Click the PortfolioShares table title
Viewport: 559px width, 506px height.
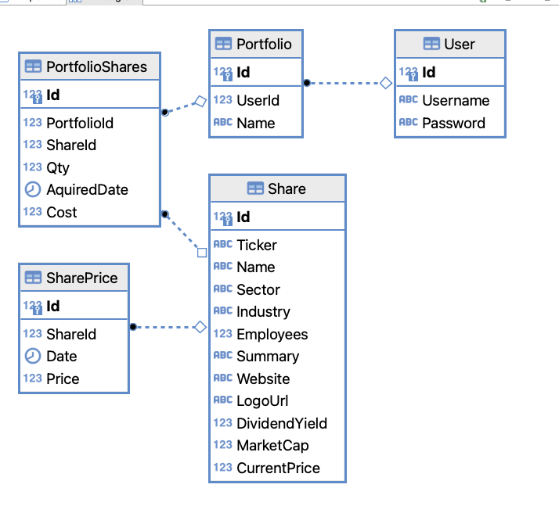coord(96,67)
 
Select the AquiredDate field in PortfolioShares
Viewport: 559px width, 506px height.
coord(87,189)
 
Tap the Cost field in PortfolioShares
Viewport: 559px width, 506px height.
coord(62,212)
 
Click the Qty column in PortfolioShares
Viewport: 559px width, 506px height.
coord(58,167)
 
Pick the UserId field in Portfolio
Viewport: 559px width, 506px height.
coord(258,100)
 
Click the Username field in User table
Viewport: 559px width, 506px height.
coord(456,100)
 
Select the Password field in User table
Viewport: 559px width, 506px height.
coord(453,123)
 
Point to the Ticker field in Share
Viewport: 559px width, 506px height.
coord(257,245)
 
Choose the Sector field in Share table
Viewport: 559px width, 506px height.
coord(258,289)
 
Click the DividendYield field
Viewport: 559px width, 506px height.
coord(282,423)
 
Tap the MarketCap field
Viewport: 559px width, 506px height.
coord(272,445)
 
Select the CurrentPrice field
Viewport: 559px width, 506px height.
coord(278,468)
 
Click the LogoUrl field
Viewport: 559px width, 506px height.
coord(262,401)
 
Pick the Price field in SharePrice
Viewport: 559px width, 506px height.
coord(63,379)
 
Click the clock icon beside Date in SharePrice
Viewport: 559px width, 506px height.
coord(33,356)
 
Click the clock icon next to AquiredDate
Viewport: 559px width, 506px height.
coord(33,189)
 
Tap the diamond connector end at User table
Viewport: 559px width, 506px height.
coord(385,83)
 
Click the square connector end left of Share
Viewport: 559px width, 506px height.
coord(202,253)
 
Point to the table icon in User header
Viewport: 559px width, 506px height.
coord(431,45)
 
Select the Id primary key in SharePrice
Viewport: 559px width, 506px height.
coord(52,306)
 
